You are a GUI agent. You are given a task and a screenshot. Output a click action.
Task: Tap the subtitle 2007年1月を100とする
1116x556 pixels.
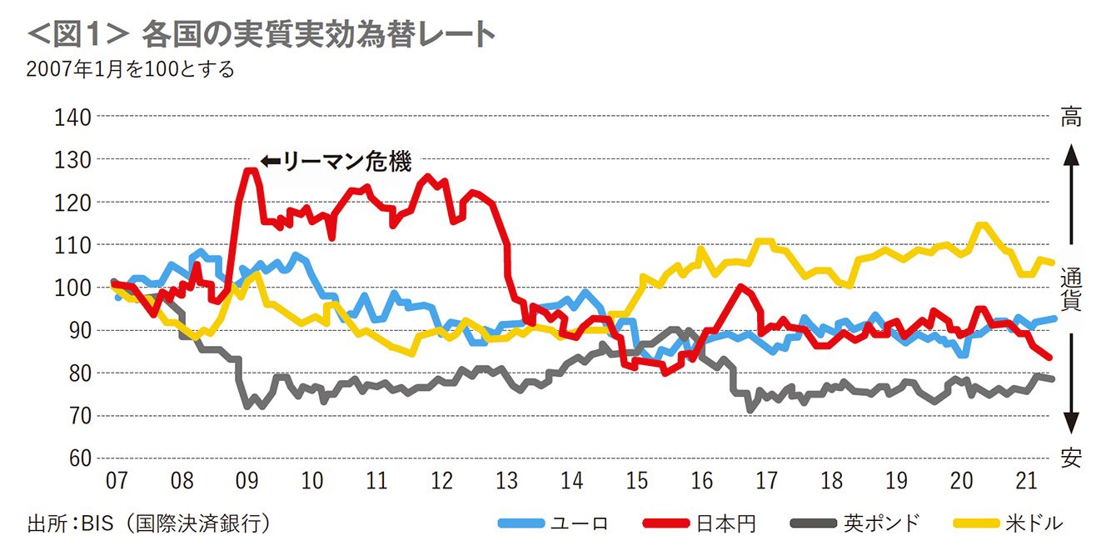point(130,69)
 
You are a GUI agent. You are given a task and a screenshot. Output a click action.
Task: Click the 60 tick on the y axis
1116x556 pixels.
point(77,458)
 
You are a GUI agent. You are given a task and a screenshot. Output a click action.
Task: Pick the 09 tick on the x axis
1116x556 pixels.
point(247,481)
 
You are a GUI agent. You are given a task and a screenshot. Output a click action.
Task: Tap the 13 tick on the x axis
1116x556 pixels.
point(506,481)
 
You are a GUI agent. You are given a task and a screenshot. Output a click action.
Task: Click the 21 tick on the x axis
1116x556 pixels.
point(1027,481)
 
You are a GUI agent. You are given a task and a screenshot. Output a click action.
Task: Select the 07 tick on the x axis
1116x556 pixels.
point(117,481)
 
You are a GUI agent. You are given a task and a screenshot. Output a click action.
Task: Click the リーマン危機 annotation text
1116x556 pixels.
point(347,162)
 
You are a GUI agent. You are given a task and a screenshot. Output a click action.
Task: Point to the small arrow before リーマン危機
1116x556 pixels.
point(270,162)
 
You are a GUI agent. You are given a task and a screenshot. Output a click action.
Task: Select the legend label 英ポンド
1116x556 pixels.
point(882,523)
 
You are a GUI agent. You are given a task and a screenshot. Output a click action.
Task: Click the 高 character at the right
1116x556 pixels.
point(1071,118)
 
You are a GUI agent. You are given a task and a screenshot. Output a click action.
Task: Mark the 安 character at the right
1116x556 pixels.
point(1071,456)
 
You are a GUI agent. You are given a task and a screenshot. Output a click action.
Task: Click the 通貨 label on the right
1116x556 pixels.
point(1071,288)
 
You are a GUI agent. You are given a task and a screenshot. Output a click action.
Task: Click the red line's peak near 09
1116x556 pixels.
point(249,170)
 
